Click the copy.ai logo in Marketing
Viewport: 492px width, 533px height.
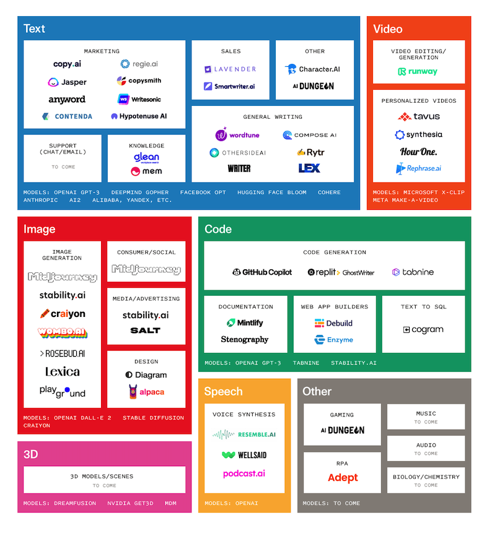[67, 64]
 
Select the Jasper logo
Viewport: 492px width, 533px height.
[67, 82]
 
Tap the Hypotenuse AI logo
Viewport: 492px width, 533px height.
[139, 116]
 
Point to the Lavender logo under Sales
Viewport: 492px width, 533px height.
[230, 69]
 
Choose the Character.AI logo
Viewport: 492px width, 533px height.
[312, 69]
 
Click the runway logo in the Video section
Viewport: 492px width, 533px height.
[418, 71]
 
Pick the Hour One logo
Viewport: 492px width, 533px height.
[418, 152]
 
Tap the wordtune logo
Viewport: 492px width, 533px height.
[237, 134]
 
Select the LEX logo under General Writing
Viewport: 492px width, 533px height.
[309, 168]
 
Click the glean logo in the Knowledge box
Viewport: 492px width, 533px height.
[146, 157]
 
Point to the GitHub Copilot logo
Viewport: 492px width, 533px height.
[262, 272]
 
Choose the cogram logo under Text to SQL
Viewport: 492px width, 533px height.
[423, 329]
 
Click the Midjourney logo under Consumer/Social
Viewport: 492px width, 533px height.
[146, 269]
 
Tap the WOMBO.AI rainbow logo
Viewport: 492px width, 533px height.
[62, 332]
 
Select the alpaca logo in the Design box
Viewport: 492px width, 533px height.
[146, 392]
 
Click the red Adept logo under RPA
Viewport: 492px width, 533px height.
[343, 477]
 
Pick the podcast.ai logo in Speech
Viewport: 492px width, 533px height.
[244, 474]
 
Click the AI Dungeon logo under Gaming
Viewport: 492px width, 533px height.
[342, 430]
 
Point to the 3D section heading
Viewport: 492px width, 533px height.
[30, 454]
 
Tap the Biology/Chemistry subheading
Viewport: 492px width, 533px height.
[426, 477]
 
